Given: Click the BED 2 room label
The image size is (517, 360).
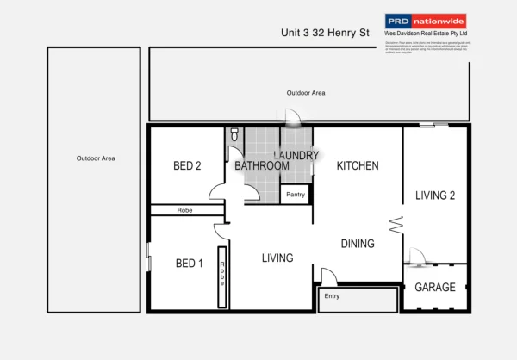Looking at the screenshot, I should tap(187, 166).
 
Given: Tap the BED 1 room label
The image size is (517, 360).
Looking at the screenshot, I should tap(189, 264).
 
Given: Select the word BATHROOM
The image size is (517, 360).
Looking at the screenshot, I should tap(262, 165).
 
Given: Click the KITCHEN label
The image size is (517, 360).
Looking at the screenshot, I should tap(358, 165).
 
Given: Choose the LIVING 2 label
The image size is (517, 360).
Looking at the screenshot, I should tap(435, 196).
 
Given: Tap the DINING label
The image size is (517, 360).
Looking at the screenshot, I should tap(357, 244).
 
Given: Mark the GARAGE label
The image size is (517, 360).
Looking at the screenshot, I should tap(435, 287).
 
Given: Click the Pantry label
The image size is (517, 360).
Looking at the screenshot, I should tap(295, 196).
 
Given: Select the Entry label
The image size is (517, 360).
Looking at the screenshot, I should tap(332, 296).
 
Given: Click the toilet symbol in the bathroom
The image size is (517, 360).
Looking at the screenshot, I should tap(234, 135).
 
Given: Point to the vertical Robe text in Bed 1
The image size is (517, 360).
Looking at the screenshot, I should tap(221, 275).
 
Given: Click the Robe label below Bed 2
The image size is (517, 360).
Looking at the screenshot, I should tap(184, 210).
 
